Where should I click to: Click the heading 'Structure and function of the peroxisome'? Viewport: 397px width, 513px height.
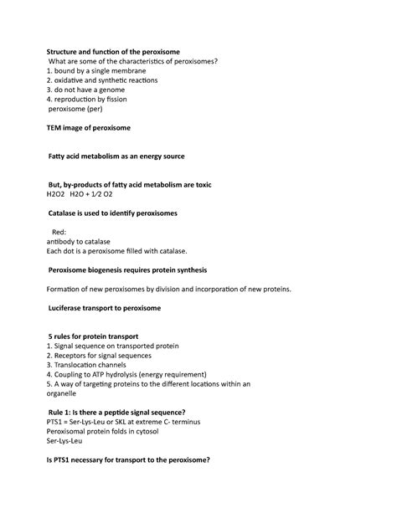click(x=119, y=51)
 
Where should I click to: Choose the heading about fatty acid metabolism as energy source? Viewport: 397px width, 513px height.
click(x=117, y=156)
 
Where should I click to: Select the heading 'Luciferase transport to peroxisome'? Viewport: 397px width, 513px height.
click(x=105, y=308)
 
